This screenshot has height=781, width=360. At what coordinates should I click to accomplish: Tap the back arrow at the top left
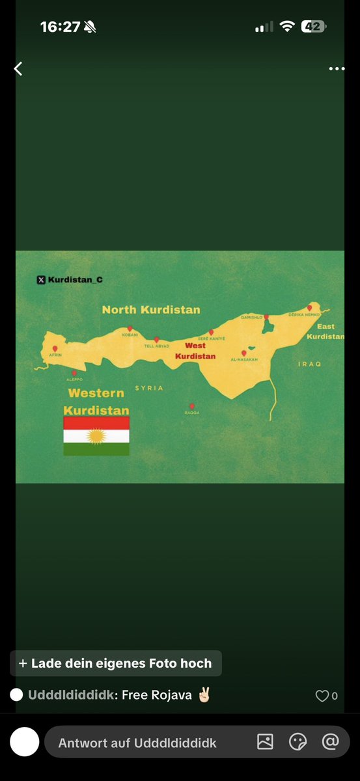[18, 68]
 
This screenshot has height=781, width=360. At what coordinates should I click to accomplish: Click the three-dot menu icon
[337, 68]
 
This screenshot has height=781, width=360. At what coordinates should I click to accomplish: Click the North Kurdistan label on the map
[151, 310]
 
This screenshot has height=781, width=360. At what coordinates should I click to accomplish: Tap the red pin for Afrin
[55, 348]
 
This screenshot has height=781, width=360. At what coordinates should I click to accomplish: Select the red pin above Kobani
[130, 328]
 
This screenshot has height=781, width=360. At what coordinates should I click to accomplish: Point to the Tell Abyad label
[157, 346]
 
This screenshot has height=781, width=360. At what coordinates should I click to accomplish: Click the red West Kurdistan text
[195, 351]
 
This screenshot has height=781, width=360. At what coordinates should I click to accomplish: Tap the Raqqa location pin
[191, 405]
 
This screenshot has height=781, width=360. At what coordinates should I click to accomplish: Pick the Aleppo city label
[75, 379]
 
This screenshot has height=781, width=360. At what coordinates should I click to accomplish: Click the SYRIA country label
[149, 388]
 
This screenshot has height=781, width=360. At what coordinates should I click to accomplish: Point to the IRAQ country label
[309, 364]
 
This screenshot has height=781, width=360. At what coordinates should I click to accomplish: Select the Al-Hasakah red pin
[244, 353]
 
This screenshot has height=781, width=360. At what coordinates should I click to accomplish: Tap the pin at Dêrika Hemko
[310, 307]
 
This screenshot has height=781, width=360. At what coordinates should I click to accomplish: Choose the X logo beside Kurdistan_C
[41, 280]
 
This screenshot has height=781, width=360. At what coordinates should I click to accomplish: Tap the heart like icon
[322, 696]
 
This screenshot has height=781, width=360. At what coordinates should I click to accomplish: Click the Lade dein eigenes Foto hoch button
[115, 664]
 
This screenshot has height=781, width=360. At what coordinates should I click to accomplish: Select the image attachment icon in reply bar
[265, 742]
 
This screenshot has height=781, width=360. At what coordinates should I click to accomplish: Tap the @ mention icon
[331, 742]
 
